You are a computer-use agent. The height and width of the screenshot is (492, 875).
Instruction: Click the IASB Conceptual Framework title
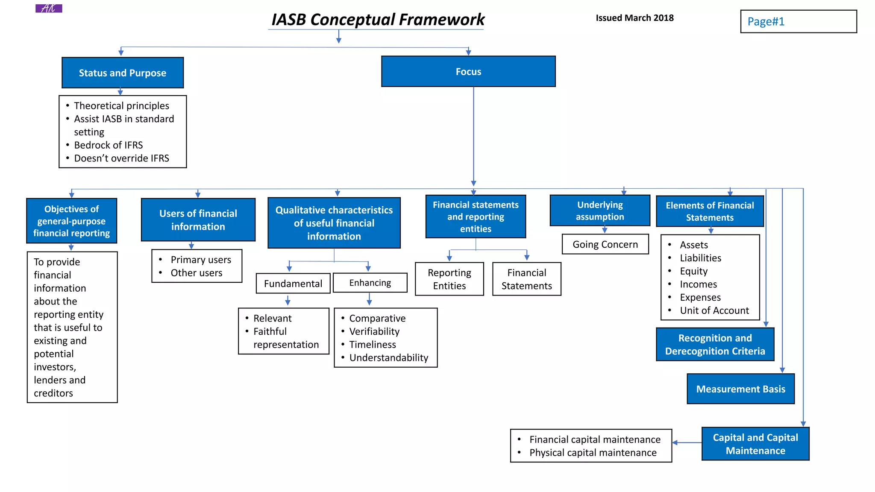[x=378, y=20]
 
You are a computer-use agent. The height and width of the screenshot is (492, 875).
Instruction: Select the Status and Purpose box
[x=123, y=73]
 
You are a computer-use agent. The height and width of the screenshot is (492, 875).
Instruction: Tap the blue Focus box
[x=468, y=72]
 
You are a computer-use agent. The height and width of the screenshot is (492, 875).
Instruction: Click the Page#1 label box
[x=798, y=21]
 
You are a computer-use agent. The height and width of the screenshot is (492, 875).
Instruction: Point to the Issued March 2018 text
[x=634, y=18]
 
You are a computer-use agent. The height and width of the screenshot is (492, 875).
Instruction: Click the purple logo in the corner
[x=49, y=8]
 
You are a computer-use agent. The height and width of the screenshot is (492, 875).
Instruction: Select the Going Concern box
[x=605, y=244]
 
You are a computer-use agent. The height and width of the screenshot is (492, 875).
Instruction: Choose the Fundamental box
[x=293, y=284]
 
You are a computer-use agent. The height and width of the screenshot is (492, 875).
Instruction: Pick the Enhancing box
[x=370, y=283]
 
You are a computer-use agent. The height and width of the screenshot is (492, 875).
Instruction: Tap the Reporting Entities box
[x=449, y=279]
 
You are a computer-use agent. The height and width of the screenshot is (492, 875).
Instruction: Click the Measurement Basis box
[x=740, y=389]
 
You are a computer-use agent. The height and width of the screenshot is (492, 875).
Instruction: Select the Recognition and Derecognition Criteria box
[x=715, y=344]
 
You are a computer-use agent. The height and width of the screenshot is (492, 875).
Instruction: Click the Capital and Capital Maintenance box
[x=755, y=444]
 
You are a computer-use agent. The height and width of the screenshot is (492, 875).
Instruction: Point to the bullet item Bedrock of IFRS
[x=108, y=145]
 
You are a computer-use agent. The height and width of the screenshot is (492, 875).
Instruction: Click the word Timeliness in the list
[x=373, y=345]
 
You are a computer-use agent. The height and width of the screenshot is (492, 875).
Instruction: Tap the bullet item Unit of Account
[x=714, y=310]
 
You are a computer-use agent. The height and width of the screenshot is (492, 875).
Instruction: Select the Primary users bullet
[x=201, y=260]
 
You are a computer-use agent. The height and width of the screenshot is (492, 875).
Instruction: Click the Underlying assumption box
[x=599, y=211]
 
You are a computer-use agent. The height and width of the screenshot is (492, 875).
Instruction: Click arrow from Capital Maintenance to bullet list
[x=687, y=443]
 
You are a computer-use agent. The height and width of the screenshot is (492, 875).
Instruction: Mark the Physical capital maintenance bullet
[x=593, y=453]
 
